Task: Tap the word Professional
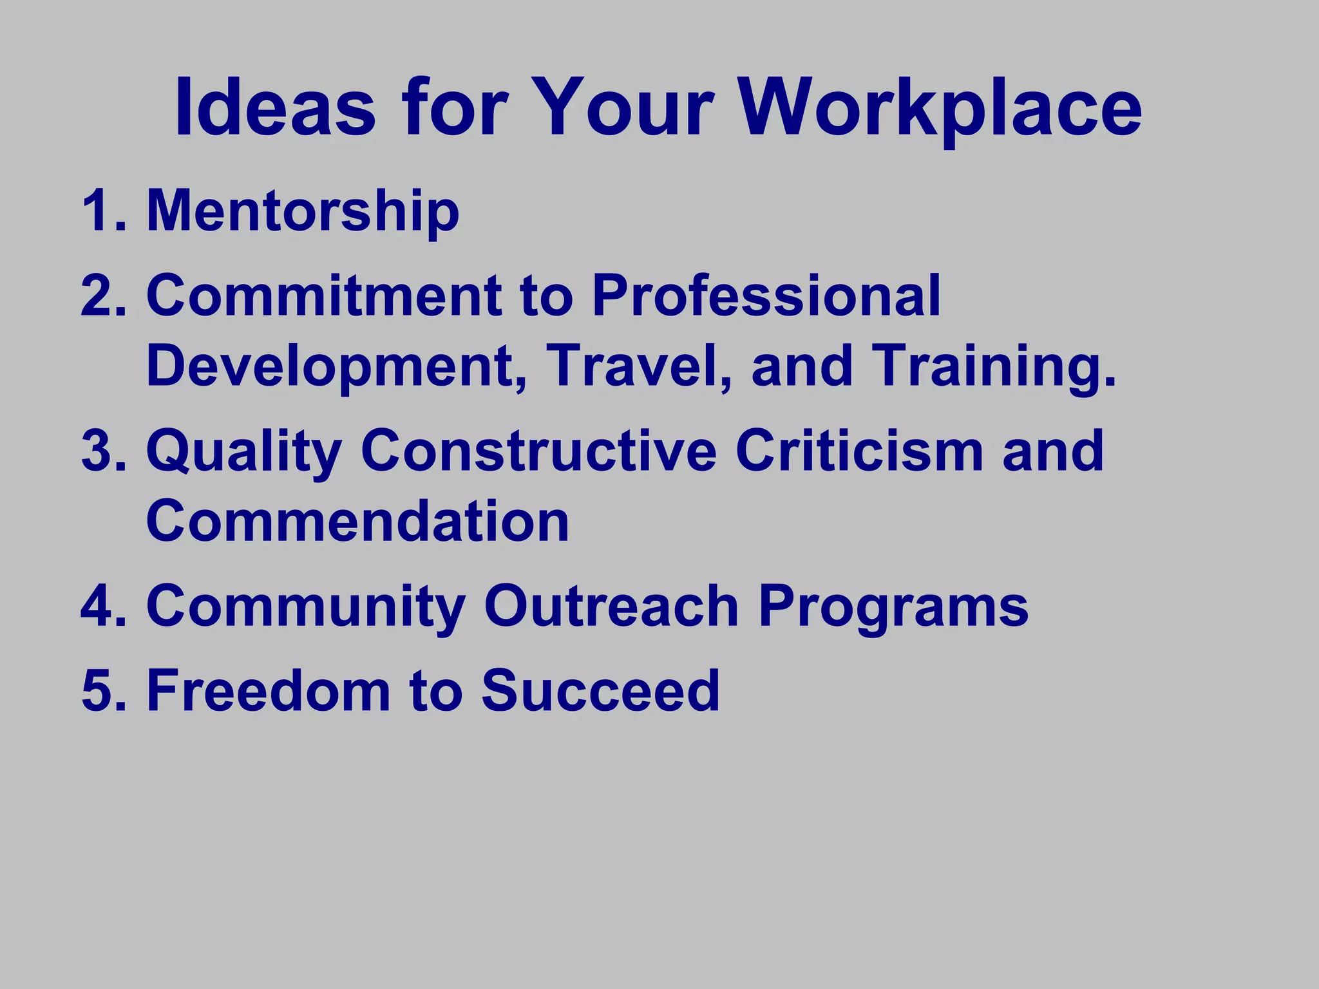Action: [x=766, y=296]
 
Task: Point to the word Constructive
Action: [x=538, y=451]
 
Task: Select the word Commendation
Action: [x=357, y=522]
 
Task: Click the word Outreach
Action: [x=611, y=606]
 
